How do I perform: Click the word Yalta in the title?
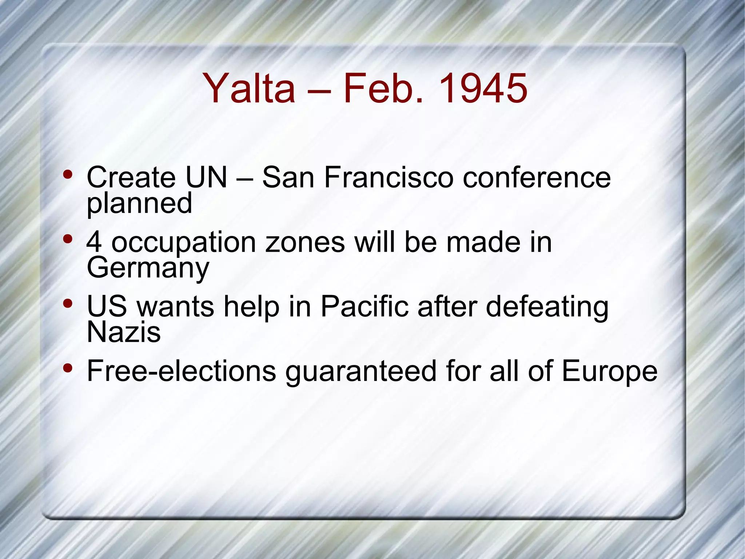(249, 88)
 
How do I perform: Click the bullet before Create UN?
(67, 174)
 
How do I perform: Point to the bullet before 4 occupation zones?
(67, 239)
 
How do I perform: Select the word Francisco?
(389, 177)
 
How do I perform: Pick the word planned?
(139, 204)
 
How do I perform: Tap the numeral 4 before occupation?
(94, 242)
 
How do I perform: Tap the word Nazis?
(124, 332)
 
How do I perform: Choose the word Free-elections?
(182, 371)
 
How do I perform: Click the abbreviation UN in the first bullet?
(206, 177)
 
